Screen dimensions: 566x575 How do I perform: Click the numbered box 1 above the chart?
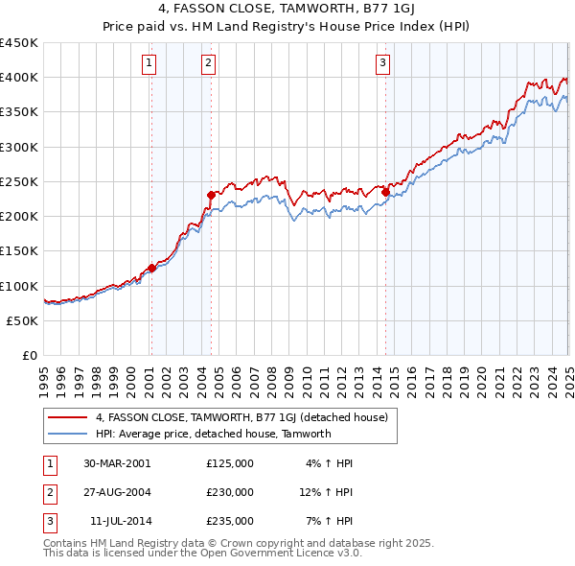pyautogui.click(x=150, y=64)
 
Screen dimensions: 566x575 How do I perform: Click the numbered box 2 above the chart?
pyautogui.click(x=208, y=64)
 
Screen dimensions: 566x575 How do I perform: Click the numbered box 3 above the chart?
pyautogui.click(x=382, y=64)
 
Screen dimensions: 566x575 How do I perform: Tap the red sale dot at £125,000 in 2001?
pyautogui.click(x=151, y=269)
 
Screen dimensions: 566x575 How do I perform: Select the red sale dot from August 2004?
pyautogui.click(x=211, y=195)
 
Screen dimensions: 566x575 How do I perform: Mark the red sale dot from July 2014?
pyautogui.click(x=385, y=192)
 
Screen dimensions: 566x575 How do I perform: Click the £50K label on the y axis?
pyautogui.click(x=22, y=320)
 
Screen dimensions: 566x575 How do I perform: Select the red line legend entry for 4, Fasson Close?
pyautogui.click(x=241, y=417)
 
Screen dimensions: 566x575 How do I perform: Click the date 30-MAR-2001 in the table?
pyautogui.click(x=117, y=463)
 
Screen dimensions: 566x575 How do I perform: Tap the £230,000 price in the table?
pyautogui.click(x=230, y=492)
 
